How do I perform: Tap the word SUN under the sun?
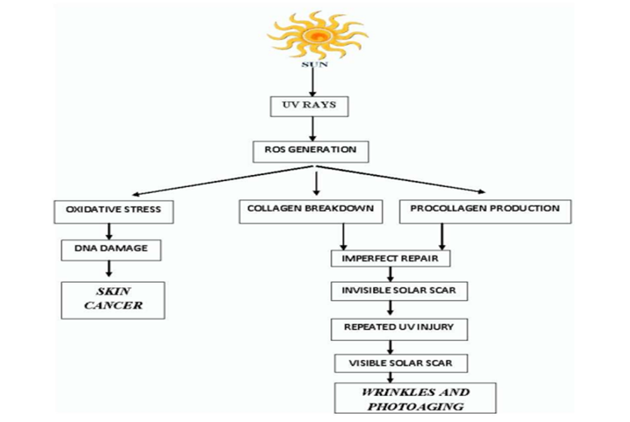pos(315,64)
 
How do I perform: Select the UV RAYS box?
pos(311,105)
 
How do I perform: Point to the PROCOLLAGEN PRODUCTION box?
pos(485,210)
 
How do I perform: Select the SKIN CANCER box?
pos(113,299)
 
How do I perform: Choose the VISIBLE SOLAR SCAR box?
pos(401,364)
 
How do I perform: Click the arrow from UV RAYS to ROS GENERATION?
pos(311,129)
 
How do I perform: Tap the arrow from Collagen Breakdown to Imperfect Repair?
pos(343,236)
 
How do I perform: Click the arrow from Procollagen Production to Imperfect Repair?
pos(442,236)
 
